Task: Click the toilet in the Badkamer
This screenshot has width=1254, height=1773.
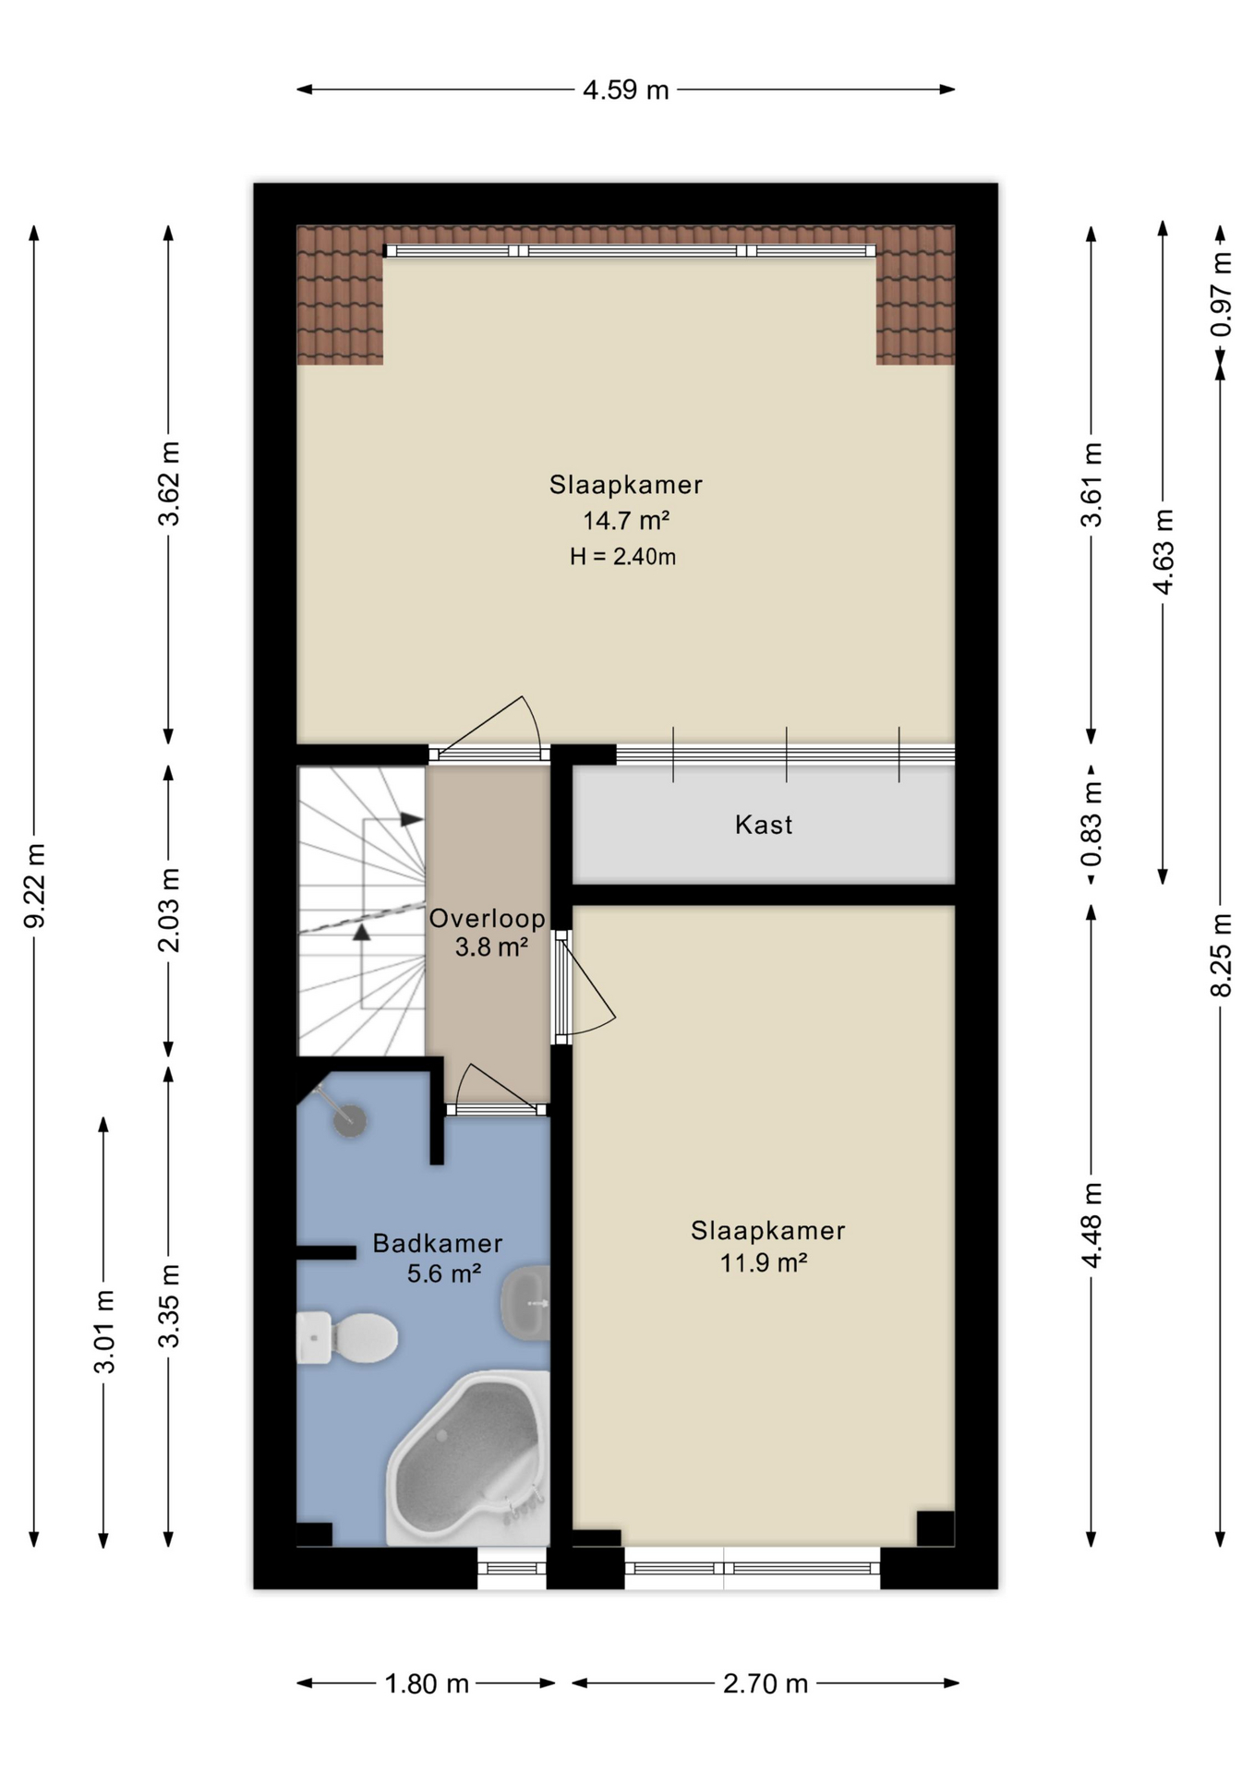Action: point(347,1337)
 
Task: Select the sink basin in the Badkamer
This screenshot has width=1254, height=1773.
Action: point(525,1303)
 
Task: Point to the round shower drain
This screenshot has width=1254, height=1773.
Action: point(350,1121)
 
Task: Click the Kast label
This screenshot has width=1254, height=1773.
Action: point(764,825)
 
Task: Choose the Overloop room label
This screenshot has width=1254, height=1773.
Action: point(487,919)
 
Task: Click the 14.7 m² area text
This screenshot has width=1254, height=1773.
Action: point(625,521)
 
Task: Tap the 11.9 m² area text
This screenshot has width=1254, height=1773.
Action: point(764,1261)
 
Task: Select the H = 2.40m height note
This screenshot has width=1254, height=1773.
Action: point(622,557)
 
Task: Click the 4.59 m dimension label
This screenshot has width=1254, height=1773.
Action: point(625,90)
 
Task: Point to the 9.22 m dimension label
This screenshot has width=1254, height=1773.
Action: point(35,886)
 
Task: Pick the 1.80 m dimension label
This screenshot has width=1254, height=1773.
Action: point(427,1683)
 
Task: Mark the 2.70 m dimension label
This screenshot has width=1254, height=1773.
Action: point(766,1683)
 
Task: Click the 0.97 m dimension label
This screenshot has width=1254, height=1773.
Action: point(1221,295)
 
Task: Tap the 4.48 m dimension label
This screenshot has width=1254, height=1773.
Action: point(1092,1224)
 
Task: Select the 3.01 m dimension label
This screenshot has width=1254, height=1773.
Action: point(104,1332)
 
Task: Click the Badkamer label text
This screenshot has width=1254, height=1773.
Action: point(438,1243)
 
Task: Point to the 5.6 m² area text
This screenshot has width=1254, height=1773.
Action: point(443,1274)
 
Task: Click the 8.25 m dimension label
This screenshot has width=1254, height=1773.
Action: point(1221,955)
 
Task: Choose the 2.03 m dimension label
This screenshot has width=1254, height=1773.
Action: point(169,910)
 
